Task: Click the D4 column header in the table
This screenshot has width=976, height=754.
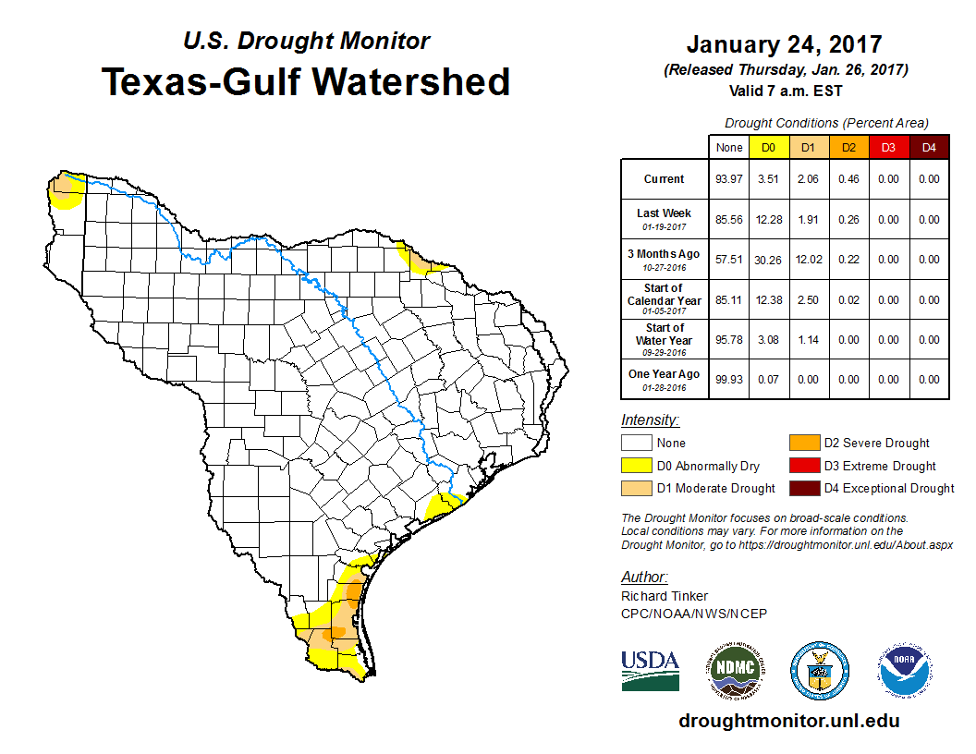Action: point(929,147)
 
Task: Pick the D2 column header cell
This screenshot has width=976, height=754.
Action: point(848,147)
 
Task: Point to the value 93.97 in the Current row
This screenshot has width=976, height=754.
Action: point(729,179)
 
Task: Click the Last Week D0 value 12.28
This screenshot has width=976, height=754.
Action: point(769,220)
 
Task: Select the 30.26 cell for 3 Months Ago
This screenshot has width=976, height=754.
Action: point(769,260)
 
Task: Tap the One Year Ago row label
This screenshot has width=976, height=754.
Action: point(665,379)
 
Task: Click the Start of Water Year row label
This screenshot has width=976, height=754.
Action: point(665,334)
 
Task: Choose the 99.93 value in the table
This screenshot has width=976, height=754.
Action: point(729,379)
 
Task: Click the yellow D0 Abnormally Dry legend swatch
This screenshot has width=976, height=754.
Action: point(636,466)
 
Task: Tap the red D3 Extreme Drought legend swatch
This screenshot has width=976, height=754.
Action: point(804,466)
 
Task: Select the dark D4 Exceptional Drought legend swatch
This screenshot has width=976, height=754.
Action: point(804,488)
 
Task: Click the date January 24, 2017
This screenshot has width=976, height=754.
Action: point(784,44)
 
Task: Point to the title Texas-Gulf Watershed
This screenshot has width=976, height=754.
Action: point(306,81)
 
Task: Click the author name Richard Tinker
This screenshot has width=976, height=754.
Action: point(665,596)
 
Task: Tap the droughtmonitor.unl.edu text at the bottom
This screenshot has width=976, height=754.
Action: point(788,721)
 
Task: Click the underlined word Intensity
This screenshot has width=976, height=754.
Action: point(650,420)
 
